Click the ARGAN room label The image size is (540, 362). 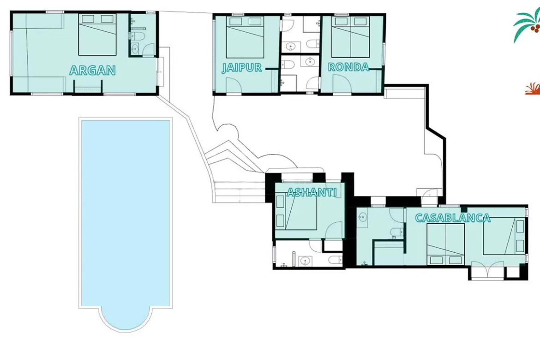pos(92,70)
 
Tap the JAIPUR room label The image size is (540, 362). pos(242,67)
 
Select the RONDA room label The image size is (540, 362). pos(348,67)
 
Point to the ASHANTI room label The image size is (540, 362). pos(312,192)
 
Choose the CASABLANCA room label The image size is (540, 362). pos(452,218)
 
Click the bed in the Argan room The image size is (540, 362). pos(97,35)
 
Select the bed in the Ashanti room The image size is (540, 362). pos(296,212)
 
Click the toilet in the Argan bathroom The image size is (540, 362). pos(139,36)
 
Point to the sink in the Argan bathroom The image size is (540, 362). pos(135,48)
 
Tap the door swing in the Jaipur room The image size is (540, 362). pos(234,85)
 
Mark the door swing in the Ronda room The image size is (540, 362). pos(342,84)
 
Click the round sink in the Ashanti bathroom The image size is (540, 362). pos(305,261)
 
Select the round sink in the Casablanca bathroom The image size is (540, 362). pos(362,218)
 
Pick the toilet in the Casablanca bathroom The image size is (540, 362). pos(397,232)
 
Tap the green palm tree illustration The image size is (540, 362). pos(527,24)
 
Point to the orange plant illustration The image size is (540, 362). pos(533,89)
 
